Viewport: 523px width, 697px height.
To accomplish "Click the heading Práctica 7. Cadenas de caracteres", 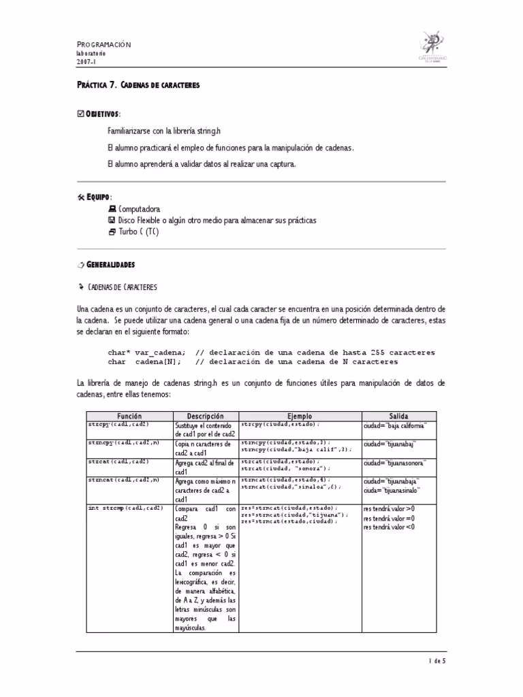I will (x=138, y=86).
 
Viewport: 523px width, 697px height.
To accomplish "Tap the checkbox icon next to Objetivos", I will (x=80, y=112).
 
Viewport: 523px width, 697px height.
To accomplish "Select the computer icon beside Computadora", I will (x=112, y=209).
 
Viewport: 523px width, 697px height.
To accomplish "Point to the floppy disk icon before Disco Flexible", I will (x=112, y=221).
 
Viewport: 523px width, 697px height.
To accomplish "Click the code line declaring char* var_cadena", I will (x=146, y=353).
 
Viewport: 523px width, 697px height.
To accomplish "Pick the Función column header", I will (x=129, y=415).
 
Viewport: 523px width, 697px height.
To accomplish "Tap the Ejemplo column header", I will (x=299, y=415).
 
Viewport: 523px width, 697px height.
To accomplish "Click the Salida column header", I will (x=398, y=415).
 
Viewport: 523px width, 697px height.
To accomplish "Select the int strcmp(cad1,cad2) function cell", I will (x=125, y=508).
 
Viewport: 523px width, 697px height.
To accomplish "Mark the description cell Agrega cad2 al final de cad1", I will (x=204, y=466).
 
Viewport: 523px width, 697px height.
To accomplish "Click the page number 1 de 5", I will (x=437, y=660).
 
